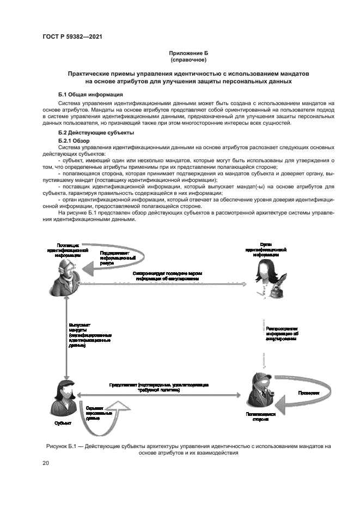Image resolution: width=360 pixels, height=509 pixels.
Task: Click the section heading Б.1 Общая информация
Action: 90,95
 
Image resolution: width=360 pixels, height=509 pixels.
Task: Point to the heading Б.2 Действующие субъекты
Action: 97,133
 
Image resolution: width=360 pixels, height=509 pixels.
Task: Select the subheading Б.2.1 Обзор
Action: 74,140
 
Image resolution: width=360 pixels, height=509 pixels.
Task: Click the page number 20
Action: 46,463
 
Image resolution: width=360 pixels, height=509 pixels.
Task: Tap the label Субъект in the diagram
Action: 62,422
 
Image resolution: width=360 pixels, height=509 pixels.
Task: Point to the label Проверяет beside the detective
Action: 308,393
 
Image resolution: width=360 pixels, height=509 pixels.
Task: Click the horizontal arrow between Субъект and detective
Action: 158,396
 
